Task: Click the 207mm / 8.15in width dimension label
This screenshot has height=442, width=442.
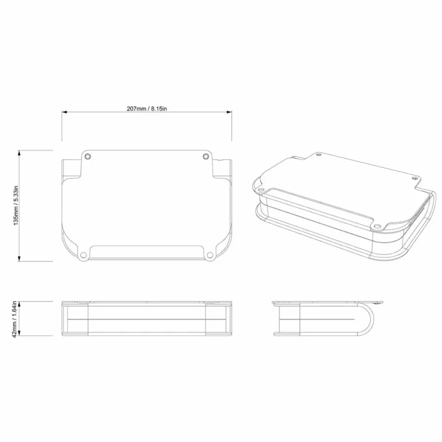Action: [146, 109]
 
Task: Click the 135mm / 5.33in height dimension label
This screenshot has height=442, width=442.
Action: [16, 205]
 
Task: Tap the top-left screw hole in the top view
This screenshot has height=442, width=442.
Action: [88, 156]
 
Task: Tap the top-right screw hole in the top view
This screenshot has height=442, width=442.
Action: [206, 156]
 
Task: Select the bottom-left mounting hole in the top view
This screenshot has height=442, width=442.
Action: [83, 255]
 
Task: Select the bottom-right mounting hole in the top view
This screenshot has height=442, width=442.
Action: [210, 255]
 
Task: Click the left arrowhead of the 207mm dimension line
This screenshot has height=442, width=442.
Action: [64, 112]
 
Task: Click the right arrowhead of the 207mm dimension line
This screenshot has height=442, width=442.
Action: [229, 112]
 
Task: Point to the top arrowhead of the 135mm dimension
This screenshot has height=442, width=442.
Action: [19, 153]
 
